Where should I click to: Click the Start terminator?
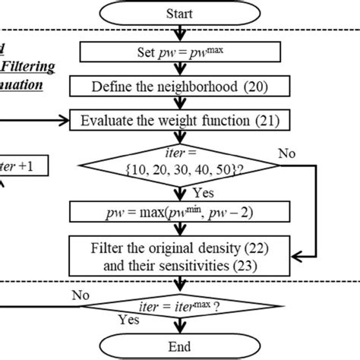tap(181, 13)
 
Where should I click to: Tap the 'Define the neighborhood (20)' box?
tap(180, 87)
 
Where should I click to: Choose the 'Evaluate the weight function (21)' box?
tap(180, 119)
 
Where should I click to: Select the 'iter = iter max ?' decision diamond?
tap(180, 307)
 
